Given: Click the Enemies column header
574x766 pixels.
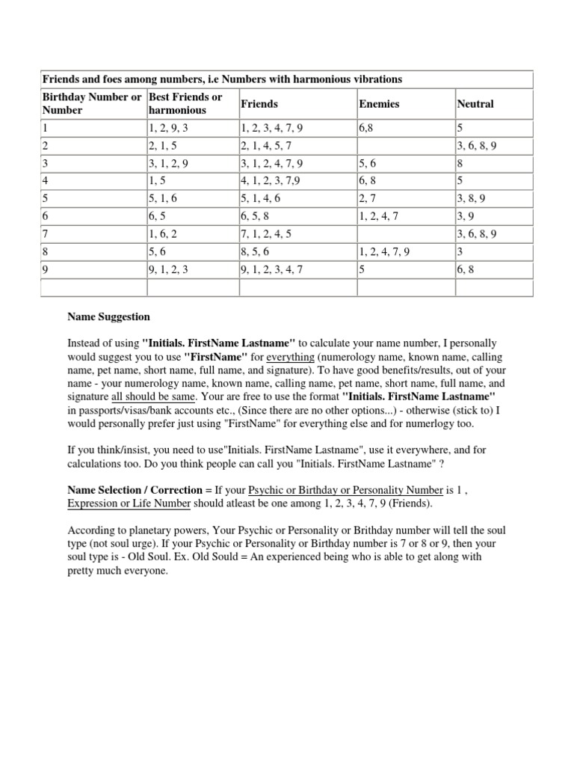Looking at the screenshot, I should tap(379, 104).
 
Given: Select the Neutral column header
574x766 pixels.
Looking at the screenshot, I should tap(475, 104).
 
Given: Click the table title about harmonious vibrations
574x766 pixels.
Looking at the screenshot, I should tap(222, 79).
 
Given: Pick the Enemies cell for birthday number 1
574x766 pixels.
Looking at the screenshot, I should tap(366, 129).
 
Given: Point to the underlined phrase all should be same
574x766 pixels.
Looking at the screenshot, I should tap(149, 397).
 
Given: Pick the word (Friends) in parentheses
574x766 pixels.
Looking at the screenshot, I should tap(410, 503).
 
